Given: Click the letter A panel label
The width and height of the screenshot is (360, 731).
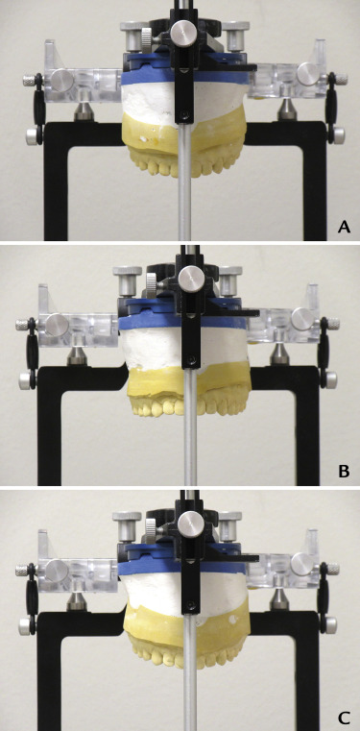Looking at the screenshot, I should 344,227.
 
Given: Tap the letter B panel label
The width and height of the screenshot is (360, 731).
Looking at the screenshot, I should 344,472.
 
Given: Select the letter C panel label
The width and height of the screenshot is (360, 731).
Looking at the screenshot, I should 344,716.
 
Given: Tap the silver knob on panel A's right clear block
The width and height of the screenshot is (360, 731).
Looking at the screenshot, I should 308,72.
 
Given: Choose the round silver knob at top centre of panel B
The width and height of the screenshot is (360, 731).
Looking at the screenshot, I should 189,278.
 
